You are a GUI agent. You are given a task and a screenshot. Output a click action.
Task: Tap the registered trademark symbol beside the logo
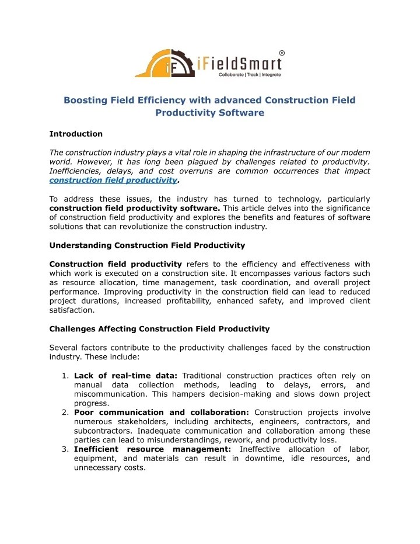282,53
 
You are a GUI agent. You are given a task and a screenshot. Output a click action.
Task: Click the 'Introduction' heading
76,134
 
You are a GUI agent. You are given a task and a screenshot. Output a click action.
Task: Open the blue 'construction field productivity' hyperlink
113,180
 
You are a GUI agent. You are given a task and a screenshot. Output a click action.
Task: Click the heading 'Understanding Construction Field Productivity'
147,244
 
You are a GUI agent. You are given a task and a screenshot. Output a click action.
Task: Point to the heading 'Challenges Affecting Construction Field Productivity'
159,329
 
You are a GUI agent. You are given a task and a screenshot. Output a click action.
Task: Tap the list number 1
66,376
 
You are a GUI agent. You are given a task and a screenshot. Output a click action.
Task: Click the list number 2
66,413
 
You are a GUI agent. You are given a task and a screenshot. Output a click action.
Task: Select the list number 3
66,449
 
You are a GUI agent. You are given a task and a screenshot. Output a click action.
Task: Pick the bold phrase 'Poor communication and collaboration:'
162,413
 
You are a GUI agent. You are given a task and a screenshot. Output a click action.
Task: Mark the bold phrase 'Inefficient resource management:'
152,449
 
